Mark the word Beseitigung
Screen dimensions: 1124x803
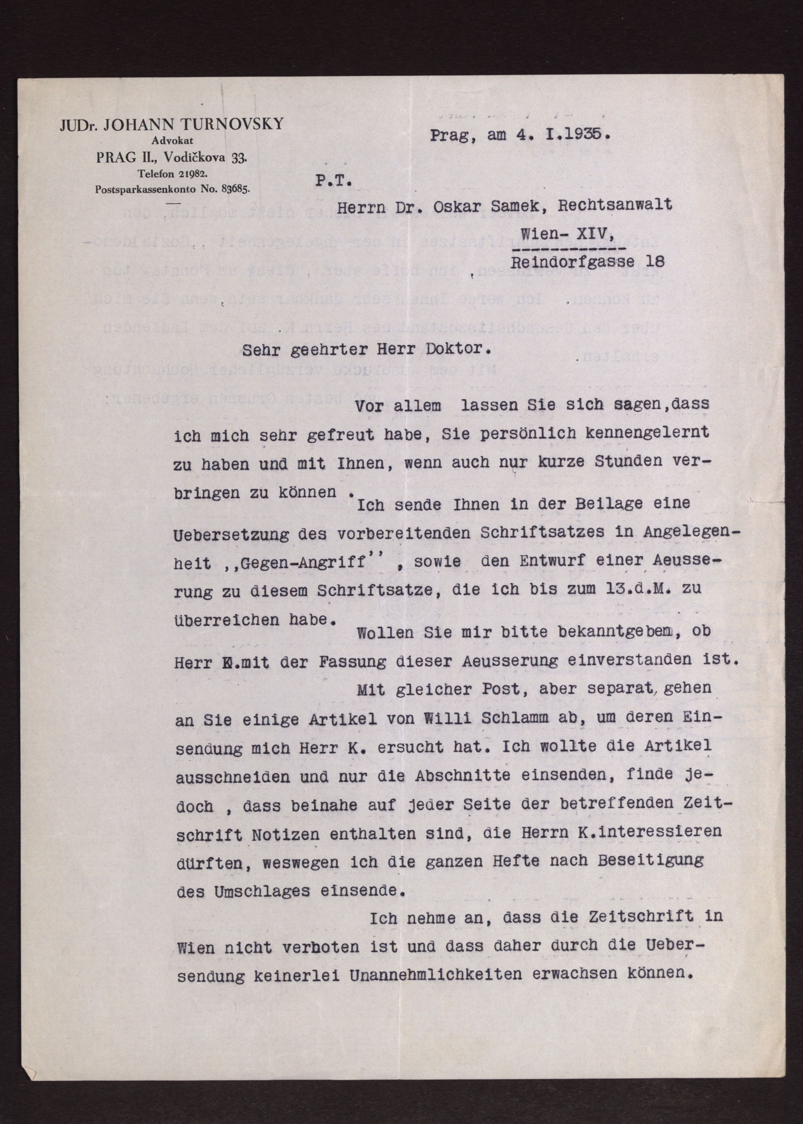[650, 861]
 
